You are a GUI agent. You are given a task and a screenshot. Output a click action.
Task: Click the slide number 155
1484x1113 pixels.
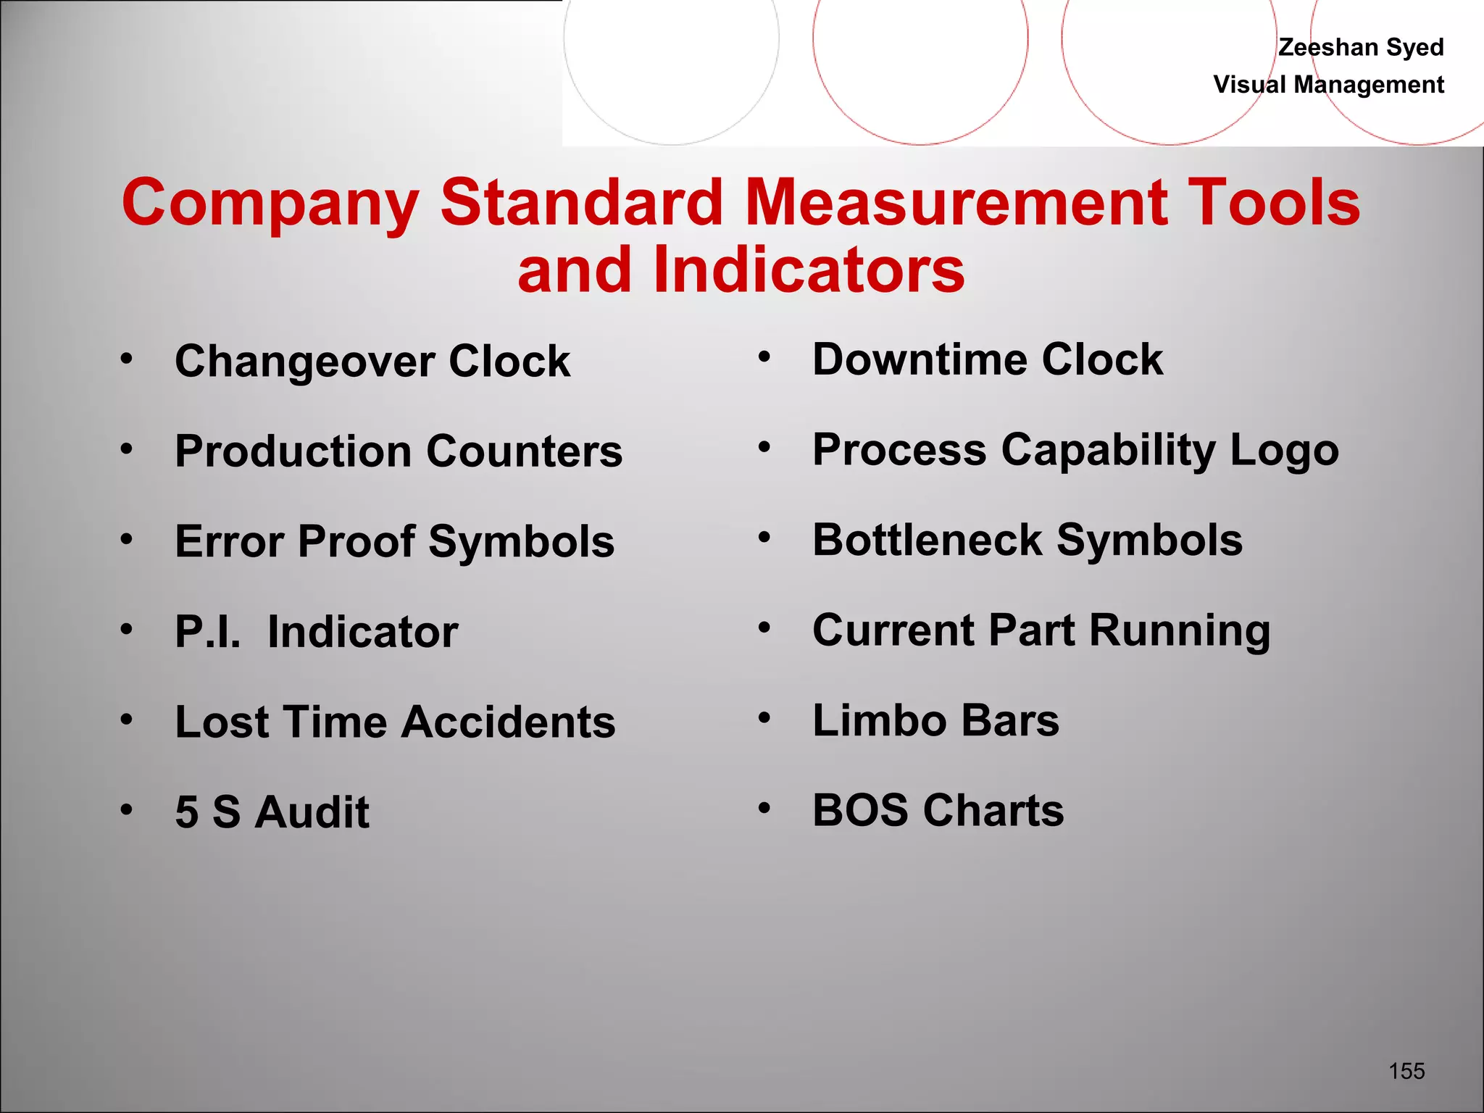(x=1406, y=1071)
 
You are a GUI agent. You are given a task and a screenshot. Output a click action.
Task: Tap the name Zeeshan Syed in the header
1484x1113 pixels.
(x=1361, y=47)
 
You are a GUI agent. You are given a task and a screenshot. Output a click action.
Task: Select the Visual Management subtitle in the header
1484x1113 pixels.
(x=1328, y=85)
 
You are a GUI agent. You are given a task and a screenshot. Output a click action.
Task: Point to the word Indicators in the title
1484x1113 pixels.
(x=809, y=270)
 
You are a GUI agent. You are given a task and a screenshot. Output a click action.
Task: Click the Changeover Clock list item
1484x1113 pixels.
(x=372, y=361)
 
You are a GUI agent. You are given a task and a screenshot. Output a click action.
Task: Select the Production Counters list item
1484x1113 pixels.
(x=399, y=451)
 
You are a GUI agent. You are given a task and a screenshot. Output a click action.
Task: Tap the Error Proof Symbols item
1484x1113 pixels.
(x=394, y=541)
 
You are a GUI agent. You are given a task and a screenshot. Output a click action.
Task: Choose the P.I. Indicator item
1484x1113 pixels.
(x=316, y=632)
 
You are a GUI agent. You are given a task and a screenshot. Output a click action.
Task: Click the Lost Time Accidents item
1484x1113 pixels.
(x=395, y=722)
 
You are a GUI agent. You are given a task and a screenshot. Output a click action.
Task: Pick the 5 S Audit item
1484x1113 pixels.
(x=272, y=812)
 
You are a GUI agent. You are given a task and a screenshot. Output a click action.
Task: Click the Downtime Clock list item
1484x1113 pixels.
(x=988, y=359)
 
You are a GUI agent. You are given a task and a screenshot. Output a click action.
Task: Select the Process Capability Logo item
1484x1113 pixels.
(x=1075, y=450)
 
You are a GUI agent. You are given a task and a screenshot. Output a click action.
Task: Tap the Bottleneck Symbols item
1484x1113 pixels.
(x=1027, y=540)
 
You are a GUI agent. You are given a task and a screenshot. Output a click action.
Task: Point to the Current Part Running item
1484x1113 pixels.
(x=1041, y=630)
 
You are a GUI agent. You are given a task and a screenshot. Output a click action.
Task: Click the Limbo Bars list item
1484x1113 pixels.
(x=935, y=720)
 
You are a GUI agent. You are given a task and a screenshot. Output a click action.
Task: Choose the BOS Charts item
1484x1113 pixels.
(x=938, y=810)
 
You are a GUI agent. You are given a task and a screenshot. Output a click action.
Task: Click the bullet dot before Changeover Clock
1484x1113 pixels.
(x=127, y=358)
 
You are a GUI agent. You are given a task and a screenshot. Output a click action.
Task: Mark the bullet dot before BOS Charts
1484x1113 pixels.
(x=764, y=807)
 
